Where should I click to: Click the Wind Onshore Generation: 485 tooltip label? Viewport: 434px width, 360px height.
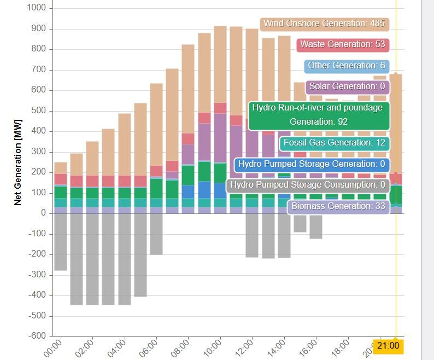tap(324, 24)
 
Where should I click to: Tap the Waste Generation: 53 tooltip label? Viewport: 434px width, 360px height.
tap(342, 44)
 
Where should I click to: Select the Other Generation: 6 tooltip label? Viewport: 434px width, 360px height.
tap(346, 66)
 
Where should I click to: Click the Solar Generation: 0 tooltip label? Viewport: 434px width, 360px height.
tap(347, 86)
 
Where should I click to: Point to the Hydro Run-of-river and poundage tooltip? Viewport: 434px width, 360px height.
tap(319, 115)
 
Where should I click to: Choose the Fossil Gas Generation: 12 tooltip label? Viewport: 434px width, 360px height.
tap(334, 143)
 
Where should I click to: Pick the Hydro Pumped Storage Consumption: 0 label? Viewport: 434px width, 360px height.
tap(307, 185)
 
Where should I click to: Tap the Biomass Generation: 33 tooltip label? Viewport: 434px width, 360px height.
tap(338, 206)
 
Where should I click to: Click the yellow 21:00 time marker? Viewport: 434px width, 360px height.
tap(388, 346)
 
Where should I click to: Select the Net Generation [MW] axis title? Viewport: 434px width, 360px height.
tap(18, 162)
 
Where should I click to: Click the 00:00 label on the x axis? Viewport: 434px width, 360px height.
tap(53, 349)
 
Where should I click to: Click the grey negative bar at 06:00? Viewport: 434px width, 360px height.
tap(156, 234)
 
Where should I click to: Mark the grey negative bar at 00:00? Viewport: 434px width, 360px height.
tap(61, 242)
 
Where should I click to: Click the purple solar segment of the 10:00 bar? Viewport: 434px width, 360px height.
tap(220, 137)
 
